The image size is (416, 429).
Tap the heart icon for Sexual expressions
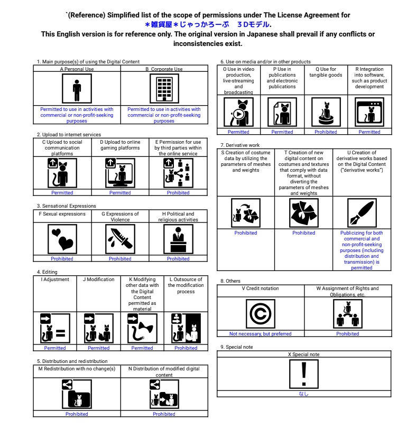tap(62, 239)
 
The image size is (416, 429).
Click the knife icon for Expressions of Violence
tap(120, 239)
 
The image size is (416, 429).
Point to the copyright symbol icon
tap(260, 313)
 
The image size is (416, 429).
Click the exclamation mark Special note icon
tap(303, 374)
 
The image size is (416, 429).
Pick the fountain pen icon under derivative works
tap(362, 213)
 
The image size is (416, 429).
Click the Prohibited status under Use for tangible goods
tap(326, 132)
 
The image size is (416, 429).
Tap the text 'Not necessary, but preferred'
tap(260, 334)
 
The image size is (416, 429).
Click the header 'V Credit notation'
tap(260, 288)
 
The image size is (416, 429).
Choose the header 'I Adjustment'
tap(55, 279)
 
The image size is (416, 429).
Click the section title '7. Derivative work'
tap(240, 145)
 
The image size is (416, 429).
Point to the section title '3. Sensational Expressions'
tap(67, 206)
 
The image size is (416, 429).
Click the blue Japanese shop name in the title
tap(208, 24)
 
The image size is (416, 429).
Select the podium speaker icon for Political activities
tap(178, 239)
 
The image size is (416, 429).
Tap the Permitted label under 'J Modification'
tap(98, 348)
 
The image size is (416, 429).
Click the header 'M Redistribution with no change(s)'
tap(77, 369)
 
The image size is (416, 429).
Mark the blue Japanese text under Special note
tap(303, 394)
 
